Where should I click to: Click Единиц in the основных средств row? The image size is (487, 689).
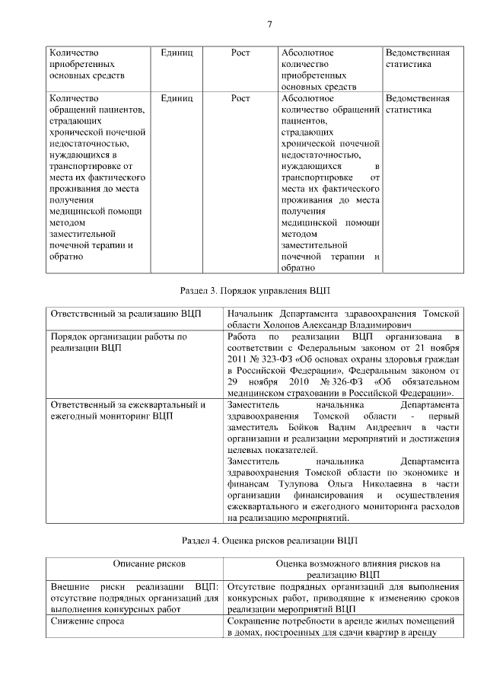click(177, 53)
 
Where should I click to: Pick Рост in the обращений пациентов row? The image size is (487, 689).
click(240, 98)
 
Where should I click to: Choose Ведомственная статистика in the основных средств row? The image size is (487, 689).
click(418, 59)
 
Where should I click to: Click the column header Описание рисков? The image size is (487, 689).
click(149, 564)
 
